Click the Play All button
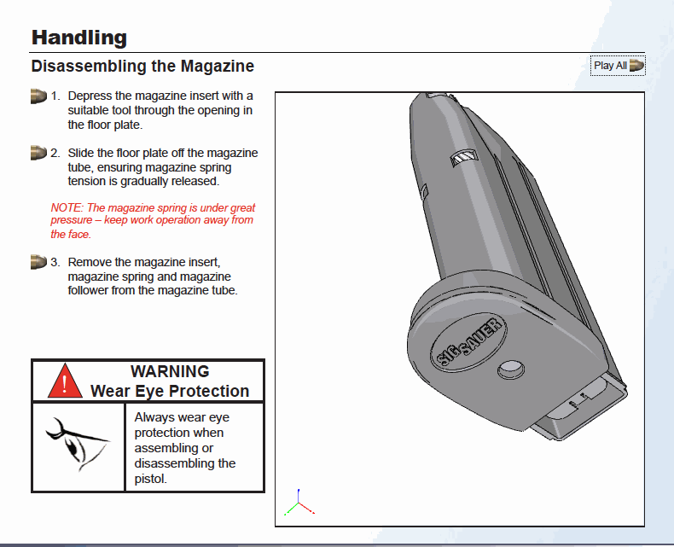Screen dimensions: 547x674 [x=618, y=66]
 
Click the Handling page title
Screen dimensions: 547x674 [x=78, y=38]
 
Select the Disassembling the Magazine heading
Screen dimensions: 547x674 [x=142, y=66]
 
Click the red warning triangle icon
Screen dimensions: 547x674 [x=65, y=381]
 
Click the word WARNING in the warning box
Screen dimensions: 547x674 [x=170, y=371]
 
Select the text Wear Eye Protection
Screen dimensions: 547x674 [x=170, y=391]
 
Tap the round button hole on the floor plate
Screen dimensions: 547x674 [x=509, y=367]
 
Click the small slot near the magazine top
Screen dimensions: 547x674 [x=462, y=156]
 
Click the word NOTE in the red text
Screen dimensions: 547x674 [x=65, y=207]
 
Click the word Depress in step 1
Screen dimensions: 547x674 [x=90, y=96]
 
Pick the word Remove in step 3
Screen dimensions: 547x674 [x=89, y=262]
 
